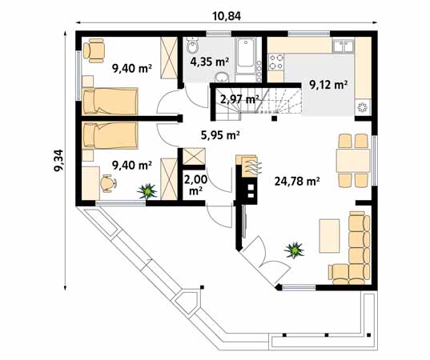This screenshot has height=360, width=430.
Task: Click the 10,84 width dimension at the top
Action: pyautogui.click(x=227, y=15)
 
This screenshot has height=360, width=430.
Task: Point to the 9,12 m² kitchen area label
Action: pyautogui.click(x=327, y=84)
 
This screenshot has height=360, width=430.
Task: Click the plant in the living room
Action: pyautogui.click(x=296, y=250)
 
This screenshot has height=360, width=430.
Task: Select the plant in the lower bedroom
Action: pyautogui.click(x=147, y=191)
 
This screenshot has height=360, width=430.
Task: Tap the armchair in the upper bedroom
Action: pyautogui.click(x=94, y=50)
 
